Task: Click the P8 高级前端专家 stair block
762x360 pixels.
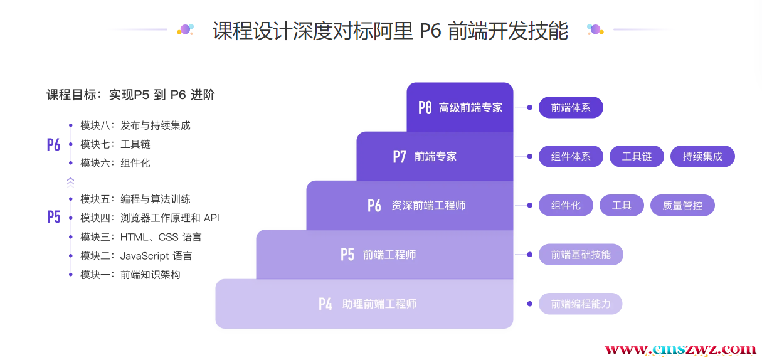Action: pyautogui.click(x=460, y=107)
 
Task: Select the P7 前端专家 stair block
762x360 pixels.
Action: pyautogui.click(x=435, y=156)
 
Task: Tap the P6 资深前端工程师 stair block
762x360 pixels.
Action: pyautogui.click(x=410, y=205)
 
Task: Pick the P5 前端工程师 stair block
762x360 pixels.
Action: pyautogui.click(x=384, y=254)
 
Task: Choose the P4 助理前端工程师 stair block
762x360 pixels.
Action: pyautogui.click(x=364, y=304)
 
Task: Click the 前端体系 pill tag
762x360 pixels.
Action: pyautogui.click(x=571, y=107)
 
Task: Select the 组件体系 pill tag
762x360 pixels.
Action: pyautogui.click(x=571, y=156)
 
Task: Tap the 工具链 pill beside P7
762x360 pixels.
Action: pyautogui.click(x=637, y=156)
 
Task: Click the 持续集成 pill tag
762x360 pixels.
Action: pyautogui.click(x=702, y=156)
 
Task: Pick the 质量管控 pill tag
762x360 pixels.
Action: pyautogui.click(x=682, y=205)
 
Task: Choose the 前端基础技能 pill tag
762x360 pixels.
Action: pyautogui.click(x=581, y=254)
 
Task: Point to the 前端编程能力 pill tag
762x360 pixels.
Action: pyautogui.click(x=581, y=304)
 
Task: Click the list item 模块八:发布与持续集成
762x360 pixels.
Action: pyautogui.click(x=135, y=125)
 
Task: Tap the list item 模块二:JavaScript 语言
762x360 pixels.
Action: pyautogui.click(x=136, y=256)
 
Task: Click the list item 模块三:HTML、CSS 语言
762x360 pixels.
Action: pyautogui.click(x=140, y=237)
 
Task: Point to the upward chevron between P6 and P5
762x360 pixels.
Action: pyautogui.click(x=70, y=182)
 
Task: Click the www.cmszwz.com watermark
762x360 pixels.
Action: pyautogui.click(x=680, y=349)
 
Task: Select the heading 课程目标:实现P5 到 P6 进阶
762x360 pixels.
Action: pyautogui.click(x=130, y=95)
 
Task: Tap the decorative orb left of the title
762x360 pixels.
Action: pyautogui.click(x=185, y=29)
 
